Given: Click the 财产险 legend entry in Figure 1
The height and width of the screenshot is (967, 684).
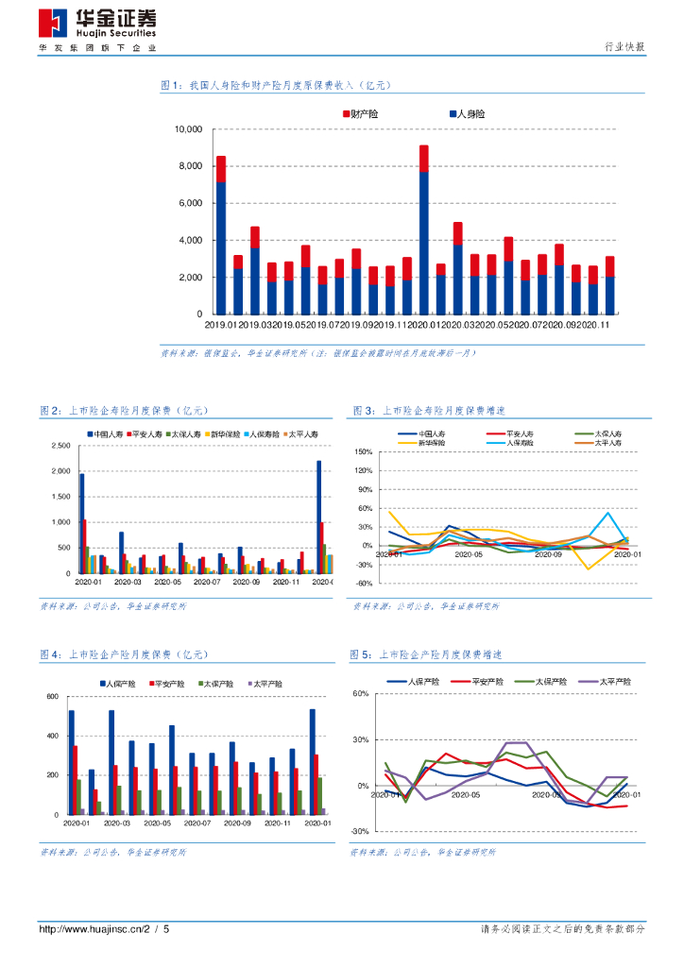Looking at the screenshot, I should (x=362, y=114).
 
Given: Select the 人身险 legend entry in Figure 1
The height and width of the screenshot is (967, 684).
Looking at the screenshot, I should (x=468, y=114).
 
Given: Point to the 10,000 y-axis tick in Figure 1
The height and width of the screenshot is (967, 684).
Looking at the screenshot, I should (x=189, y=129).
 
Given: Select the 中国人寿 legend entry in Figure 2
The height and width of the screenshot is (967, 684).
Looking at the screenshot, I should (x=106, y=433).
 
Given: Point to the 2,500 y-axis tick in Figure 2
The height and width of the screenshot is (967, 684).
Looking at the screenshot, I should (x=60, y=445).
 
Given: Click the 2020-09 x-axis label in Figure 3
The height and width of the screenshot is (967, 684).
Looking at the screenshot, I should (x=549, y=554).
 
